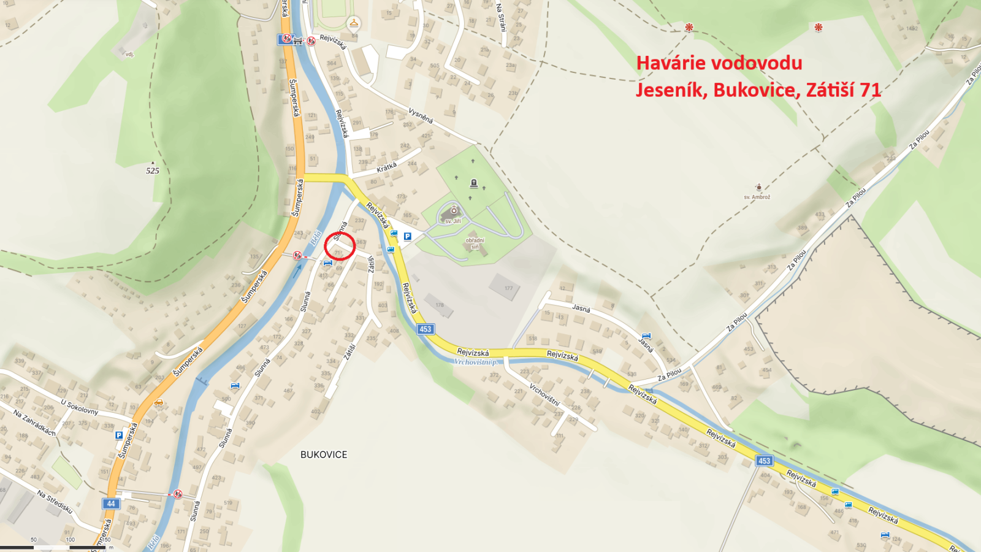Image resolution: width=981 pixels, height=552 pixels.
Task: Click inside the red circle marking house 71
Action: click(340, 246)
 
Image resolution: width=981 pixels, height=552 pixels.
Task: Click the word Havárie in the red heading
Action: click(671, 63)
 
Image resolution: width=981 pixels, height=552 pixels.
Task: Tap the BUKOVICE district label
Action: click(324, 454)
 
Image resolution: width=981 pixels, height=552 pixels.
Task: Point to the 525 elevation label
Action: click(153, 171)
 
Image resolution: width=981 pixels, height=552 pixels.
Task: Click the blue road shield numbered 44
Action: click(110, 504)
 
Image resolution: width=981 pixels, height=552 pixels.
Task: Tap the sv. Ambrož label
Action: click(757, 197)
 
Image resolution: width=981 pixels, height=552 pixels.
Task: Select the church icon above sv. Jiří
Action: click(454, 210)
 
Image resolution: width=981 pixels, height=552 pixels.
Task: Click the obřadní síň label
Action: click(475, 243)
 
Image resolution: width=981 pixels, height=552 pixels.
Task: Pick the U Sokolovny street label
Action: click(79, 407)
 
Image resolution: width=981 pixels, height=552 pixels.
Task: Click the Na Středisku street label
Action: click(55, 502)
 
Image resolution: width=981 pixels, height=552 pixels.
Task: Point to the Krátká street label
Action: click(387, 167)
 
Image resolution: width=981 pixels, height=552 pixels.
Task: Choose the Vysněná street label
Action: click(421, 115)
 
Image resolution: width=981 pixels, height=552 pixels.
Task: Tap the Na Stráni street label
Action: click(501, 18)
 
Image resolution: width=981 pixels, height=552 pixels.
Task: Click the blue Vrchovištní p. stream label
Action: click(476, 362)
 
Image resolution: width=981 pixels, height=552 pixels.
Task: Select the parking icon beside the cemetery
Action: click(407, 236)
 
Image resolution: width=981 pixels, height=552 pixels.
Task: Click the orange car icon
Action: click(159, 402)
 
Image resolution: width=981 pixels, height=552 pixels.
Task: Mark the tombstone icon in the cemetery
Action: click(473, 183)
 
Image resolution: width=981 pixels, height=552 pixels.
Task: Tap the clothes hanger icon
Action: click(353, 23)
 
